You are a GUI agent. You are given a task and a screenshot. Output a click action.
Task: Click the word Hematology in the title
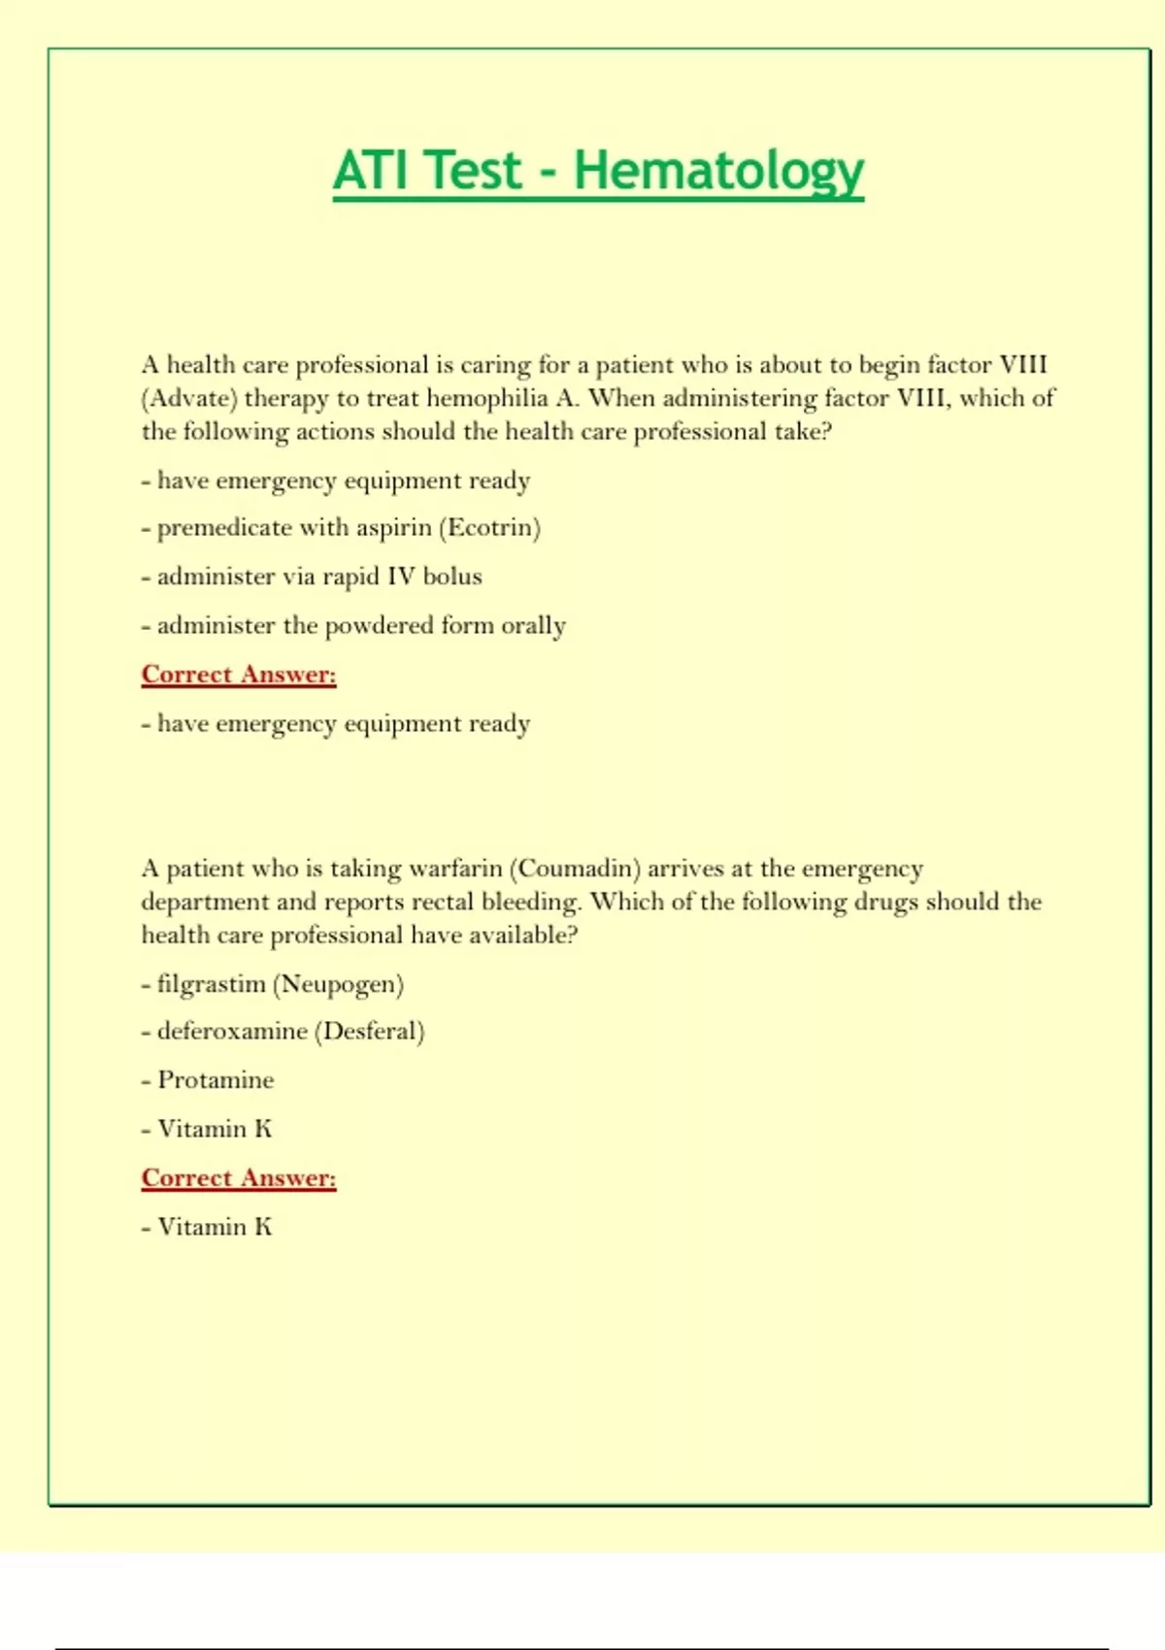point(717,171)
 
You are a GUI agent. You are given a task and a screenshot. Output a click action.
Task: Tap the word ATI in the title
point(372,171)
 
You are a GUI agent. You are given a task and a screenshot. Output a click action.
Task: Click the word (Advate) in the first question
point(189,398)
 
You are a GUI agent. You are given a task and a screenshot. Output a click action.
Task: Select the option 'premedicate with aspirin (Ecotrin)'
point(349,528)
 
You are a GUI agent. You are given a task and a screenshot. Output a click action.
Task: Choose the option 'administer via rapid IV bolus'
point(319,577)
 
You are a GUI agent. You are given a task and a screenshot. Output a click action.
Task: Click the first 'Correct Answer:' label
point(239,675)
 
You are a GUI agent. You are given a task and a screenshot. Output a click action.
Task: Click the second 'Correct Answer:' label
point(239,1177)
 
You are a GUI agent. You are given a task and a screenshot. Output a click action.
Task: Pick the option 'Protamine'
point(216,1080)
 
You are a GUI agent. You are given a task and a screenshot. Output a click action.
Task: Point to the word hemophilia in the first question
point(487,398)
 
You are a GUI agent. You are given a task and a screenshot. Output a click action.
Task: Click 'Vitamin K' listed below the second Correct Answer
point(215,1227)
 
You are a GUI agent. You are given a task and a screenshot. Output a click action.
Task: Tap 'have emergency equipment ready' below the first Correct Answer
point(344,724)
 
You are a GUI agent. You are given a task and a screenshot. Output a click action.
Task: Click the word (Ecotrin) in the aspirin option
point(489,528)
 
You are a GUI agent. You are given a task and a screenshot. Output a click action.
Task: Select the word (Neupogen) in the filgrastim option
point(338,984)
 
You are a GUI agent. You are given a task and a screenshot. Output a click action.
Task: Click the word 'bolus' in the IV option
point(452,577)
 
